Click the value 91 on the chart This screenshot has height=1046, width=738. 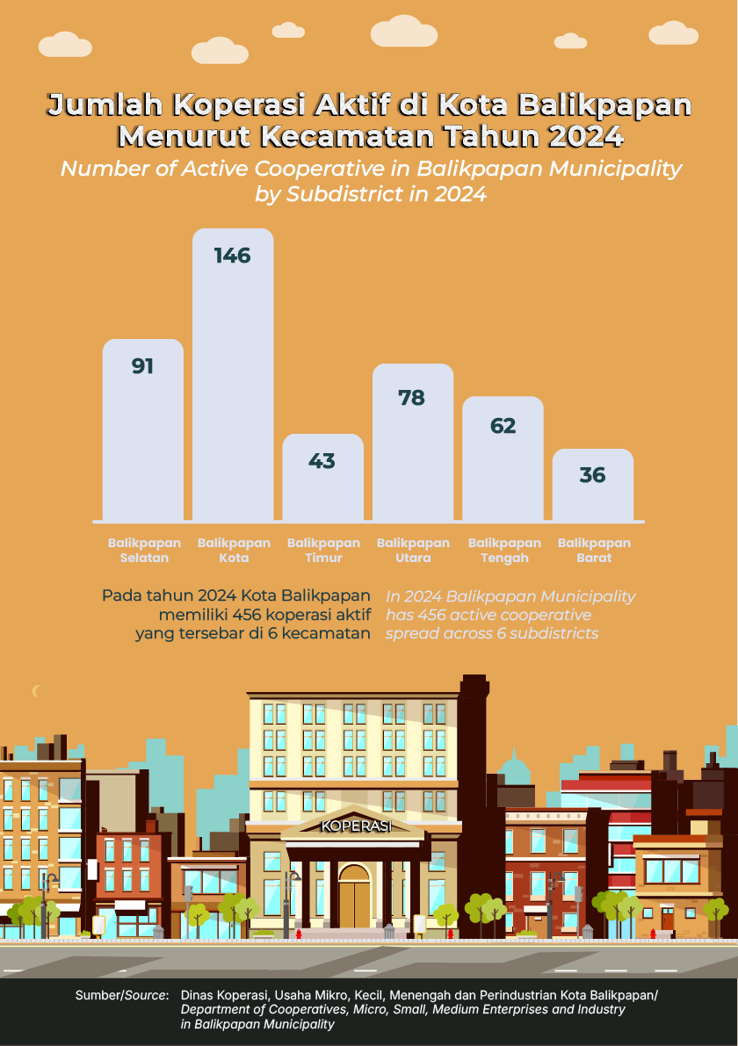(x=143, y=366)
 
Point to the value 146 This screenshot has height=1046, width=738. (x=233, y=256)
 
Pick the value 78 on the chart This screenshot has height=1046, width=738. (x=411, y=398)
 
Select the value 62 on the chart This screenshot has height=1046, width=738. (x=503, y=426)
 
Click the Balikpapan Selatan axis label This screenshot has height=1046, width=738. (x=144, y=551)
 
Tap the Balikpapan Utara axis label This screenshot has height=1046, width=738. (x=413, y=551)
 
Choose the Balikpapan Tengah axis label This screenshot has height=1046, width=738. (x=504, y=551)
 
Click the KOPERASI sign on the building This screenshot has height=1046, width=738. (x=355, y=826)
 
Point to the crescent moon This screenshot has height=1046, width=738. (x=37, y=691)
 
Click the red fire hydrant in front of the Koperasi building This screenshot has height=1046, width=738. (x=299, y=934)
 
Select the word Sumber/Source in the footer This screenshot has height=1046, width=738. (x=122, y=995)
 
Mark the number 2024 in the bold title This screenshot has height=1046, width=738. (x=583, y=137)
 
